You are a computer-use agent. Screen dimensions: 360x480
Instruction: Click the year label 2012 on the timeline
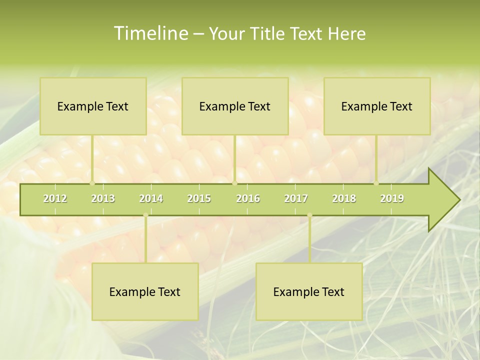55,198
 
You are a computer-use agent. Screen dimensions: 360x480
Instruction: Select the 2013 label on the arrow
103,198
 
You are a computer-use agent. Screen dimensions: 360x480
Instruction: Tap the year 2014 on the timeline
151,198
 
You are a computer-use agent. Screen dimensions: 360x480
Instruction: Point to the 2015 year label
199,198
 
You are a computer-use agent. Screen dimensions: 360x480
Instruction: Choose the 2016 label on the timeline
248,198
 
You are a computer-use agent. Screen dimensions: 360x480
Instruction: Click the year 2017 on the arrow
296,198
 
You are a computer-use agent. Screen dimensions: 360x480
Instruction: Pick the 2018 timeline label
344,198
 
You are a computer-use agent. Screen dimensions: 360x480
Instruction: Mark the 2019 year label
392,198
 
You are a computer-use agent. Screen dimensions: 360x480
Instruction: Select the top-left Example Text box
93,106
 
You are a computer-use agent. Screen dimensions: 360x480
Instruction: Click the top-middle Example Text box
235,106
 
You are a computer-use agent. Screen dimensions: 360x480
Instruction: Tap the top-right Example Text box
377,106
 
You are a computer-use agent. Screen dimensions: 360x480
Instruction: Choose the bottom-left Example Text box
145,291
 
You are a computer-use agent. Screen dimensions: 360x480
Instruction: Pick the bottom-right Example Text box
309,291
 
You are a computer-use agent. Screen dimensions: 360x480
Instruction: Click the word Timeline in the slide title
150,33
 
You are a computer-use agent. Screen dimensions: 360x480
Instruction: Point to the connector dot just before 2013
92,183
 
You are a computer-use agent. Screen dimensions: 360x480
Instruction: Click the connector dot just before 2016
234,183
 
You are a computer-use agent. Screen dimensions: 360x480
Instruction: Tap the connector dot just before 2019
376,183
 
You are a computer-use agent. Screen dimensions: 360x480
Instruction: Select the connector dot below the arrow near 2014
145,215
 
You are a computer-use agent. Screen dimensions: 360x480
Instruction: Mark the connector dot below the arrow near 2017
309,215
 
